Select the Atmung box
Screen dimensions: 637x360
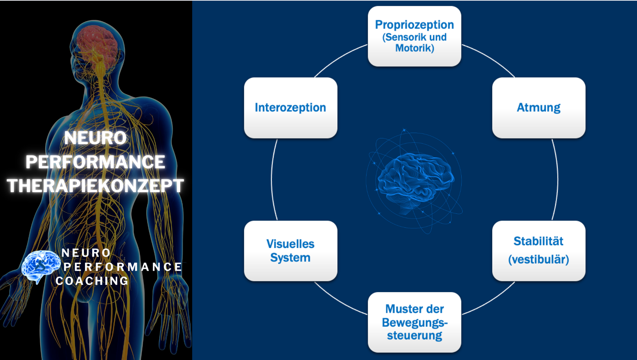(x=538, y=108)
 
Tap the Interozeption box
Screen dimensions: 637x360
(x=290, y=108)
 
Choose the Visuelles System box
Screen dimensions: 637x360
(x=290, y=251)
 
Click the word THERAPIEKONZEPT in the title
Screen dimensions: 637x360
(x=95, y=186)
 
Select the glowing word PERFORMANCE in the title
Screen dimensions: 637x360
(x=95, y=162)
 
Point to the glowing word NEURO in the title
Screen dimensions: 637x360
(x=95, y=138)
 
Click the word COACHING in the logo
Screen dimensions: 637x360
(x=92, y=281)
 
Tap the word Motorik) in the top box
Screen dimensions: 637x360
(x=415, y=48)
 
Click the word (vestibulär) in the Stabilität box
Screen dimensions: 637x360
(x=538, y=259)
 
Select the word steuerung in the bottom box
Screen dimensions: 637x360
(x=415, y=335)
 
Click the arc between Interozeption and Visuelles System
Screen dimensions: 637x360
(x=272, y=180)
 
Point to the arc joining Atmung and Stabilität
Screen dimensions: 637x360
(x=557, y=180)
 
